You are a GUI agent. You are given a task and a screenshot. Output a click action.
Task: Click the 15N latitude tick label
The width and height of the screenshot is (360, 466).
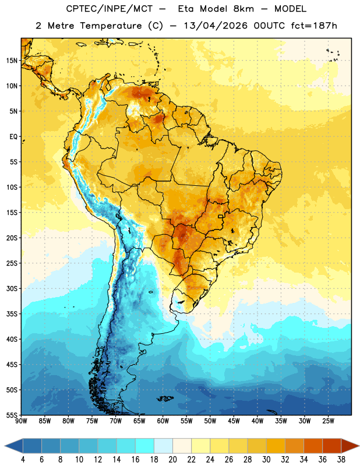(x=12, y=61)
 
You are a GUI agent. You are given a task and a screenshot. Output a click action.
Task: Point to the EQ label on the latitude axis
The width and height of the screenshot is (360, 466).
(x=13, y=137)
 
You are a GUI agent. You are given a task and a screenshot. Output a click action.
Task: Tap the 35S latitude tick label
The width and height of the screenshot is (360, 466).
(x=12, y=314)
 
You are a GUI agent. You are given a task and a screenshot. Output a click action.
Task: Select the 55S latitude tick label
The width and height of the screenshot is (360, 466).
(x=12, y=415)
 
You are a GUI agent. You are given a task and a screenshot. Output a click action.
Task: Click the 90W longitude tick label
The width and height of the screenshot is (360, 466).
(x=21, y=421)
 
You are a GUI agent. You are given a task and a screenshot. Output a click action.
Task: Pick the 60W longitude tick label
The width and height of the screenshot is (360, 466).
(x=163, y=421)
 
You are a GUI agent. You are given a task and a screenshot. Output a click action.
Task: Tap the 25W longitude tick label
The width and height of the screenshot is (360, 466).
(x=328, y=421)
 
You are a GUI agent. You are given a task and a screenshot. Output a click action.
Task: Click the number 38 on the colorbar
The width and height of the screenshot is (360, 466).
(x=341, y=460)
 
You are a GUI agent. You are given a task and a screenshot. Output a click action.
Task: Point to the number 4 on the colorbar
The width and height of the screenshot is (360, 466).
(x=23, y=460)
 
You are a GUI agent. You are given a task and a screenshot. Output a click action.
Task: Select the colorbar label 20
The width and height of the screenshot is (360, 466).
(x=172, y=460)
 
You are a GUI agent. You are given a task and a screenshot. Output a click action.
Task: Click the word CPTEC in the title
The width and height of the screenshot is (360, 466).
(x=80, y=9)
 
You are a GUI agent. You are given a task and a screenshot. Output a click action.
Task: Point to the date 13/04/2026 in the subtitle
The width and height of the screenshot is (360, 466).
(x=216, y=26)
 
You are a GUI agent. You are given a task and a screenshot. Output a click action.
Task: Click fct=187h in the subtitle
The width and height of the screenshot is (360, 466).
(x=314, y=26)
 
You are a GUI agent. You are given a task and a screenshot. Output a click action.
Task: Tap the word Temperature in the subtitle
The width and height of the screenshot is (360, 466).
(x=111, y=26)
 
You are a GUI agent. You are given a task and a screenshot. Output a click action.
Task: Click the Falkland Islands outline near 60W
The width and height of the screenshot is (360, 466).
(x=165, y=398)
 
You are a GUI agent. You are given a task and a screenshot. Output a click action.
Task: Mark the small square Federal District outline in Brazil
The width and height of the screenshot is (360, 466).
(x=221, y=216)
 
